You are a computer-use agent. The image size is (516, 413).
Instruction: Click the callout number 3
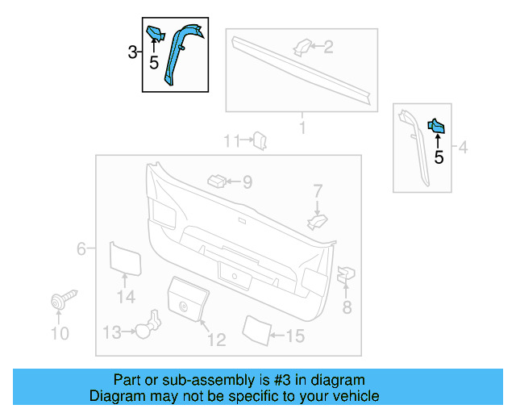click(x=132, y=53)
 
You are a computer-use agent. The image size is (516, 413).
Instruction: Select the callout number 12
click(x=216, y=340)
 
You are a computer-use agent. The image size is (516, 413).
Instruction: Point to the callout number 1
click(x=302, y=127)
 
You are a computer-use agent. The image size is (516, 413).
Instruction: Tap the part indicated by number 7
click(x=318, y=219)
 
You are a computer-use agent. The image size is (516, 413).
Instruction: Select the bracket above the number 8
click(x=346, y=275)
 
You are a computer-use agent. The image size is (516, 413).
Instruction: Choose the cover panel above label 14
click(x=125, y=257)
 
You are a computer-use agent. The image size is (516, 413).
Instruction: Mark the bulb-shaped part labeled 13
click(x=145, y=327)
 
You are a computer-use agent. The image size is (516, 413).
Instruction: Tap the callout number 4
click(x=463, y=148)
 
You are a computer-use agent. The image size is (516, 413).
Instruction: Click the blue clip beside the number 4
click(x=436, y=127)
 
